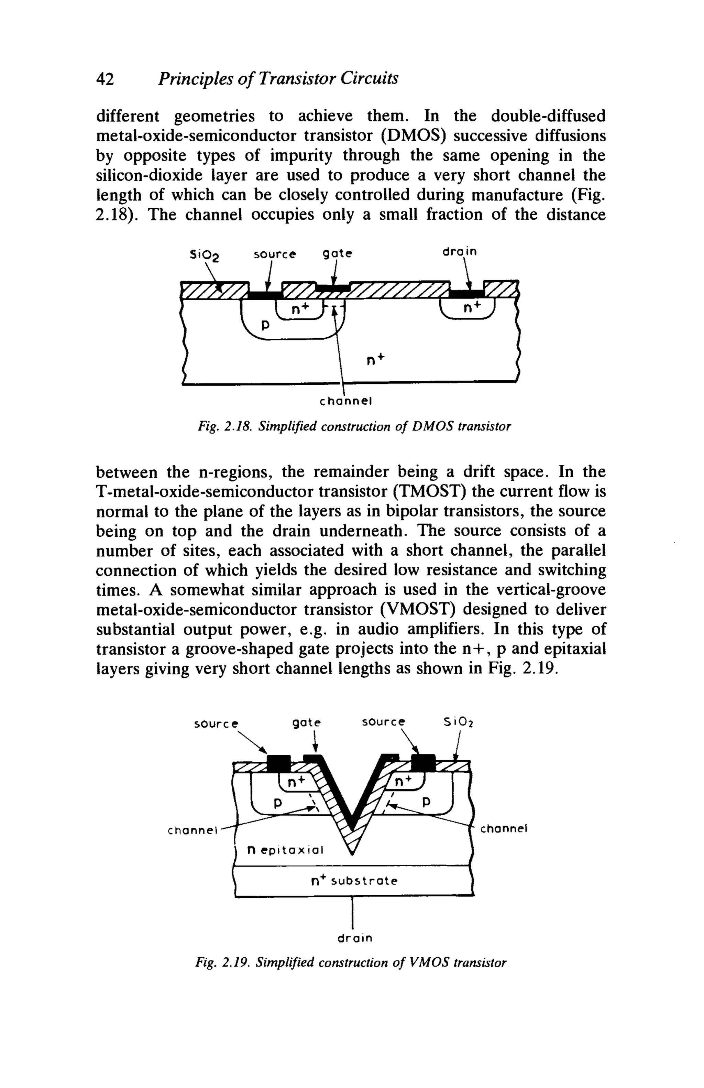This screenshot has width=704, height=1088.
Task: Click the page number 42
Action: tap(104, 79)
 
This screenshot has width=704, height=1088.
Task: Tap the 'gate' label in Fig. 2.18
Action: tap(338, 253)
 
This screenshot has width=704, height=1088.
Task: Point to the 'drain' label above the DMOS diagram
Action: tap(460, 251)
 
